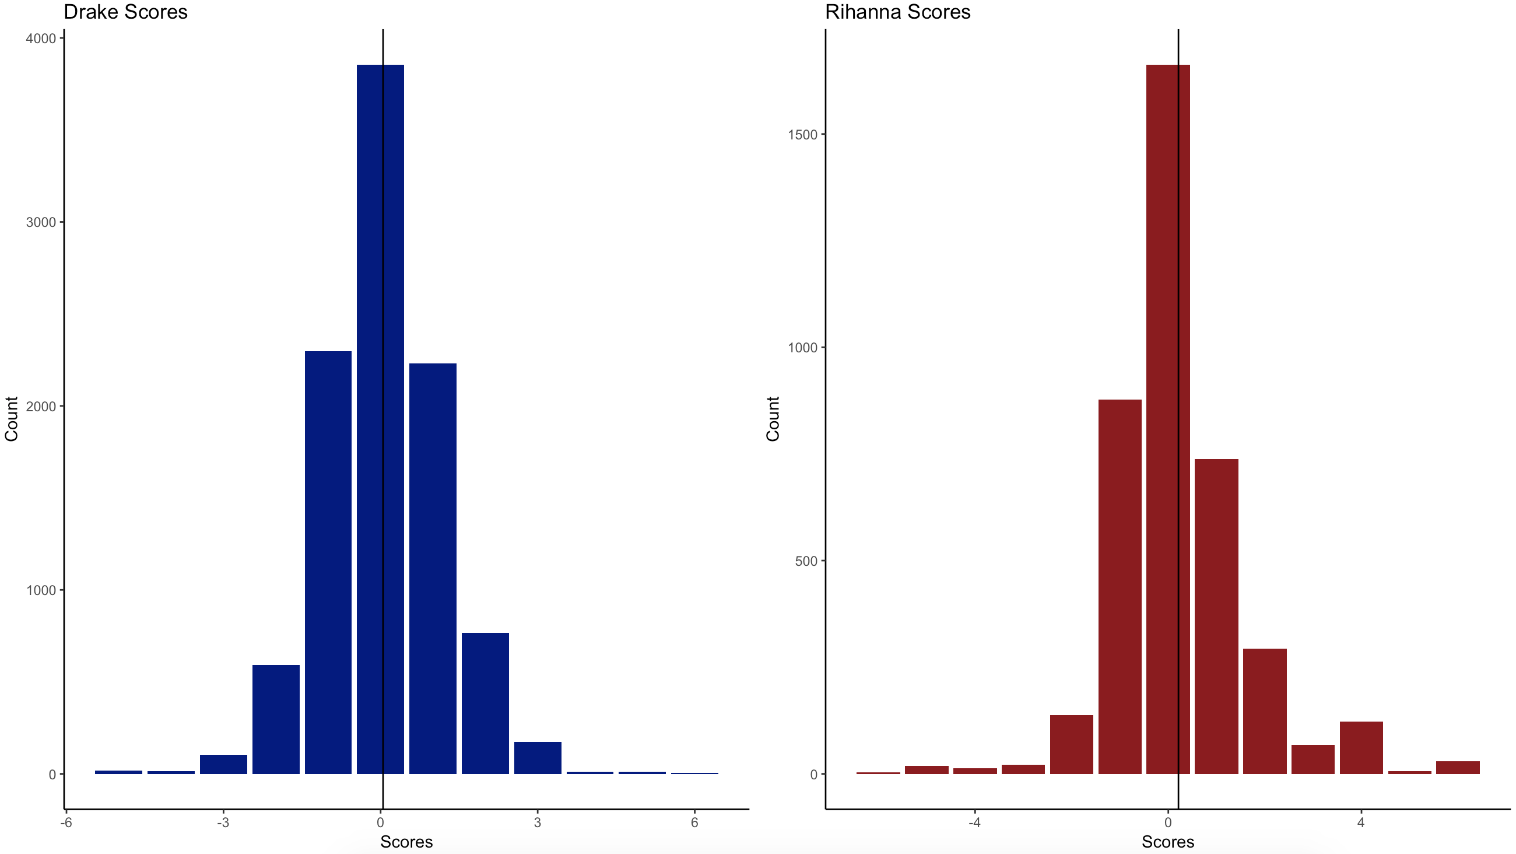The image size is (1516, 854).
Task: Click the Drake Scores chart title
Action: click(x=125, y=12)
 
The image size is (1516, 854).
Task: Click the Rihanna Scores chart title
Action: click(x=897, y=12)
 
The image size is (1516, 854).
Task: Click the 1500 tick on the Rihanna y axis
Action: click(x=802, y=135)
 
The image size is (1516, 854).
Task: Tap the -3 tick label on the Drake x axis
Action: click(x=223, y=822)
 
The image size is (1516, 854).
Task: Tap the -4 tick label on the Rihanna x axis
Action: click(x=974, y=822)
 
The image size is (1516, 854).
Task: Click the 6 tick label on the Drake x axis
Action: click(x=694, y=822)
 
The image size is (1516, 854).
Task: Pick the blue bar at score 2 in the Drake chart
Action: click(x=485, y=703)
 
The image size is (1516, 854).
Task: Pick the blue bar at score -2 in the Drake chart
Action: click(x=275, y=719)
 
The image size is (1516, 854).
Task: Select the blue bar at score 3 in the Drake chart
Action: click(x=538, y=758)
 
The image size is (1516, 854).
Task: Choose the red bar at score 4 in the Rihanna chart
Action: click(x=1361, y=747)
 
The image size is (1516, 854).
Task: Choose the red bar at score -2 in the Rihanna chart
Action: click(x=1071, y=744)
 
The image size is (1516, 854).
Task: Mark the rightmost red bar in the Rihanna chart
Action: click(x=1457, y=768)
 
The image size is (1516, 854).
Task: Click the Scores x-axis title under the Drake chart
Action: click(x=406, y=842)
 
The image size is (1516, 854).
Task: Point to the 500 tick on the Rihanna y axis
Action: click(x=806, y=561)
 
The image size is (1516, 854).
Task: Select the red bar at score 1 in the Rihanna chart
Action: click(x=1216, y=616)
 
